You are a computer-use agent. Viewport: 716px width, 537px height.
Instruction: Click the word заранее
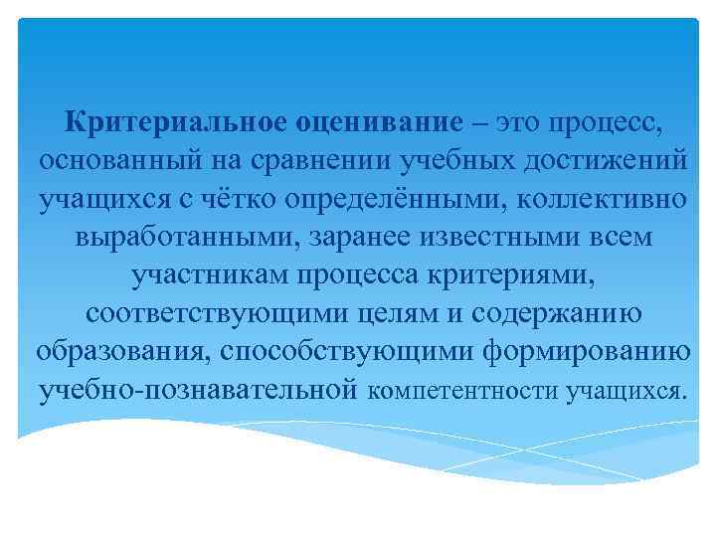point(349,238)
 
